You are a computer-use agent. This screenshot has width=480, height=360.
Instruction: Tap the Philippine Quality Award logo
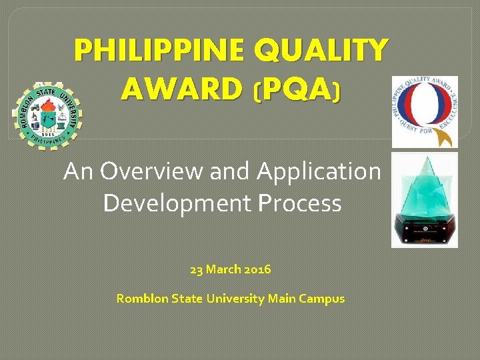click(x=424, y=111)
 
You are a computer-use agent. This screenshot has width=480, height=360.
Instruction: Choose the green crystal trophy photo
click(x=424, y=200)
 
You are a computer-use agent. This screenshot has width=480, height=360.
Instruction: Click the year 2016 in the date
click(x=258, y=270)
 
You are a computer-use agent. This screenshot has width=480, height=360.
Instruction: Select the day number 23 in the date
click(x=196, y=270)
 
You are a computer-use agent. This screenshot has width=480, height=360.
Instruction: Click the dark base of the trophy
click(x=424, y=233)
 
